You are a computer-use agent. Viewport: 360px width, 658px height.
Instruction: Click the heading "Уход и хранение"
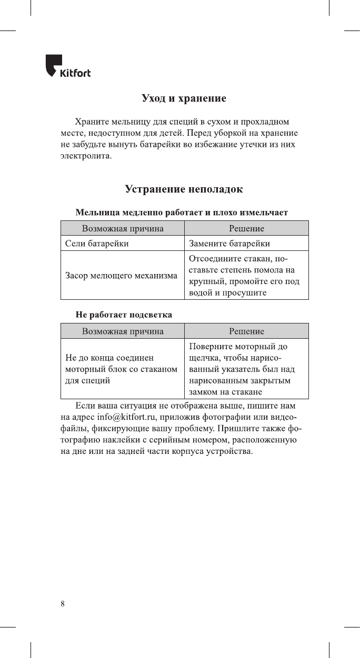coord(184,98)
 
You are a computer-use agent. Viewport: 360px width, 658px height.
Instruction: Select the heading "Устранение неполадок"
coord(184,188)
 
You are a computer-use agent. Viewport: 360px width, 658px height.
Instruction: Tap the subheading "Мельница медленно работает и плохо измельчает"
coord(182,213)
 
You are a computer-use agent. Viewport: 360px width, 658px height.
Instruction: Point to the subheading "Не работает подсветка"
coord(124,315)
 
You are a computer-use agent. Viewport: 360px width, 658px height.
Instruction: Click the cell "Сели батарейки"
coord(96,244)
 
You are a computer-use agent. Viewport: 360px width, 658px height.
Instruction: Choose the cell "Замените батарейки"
coord(229,244)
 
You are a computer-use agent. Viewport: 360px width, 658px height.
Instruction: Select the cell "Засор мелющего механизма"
coord(121,275)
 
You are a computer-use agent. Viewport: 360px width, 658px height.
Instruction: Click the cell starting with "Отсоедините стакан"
coord(244,276)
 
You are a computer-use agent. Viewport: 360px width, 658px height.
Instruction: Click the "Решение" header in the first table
coord(246,228)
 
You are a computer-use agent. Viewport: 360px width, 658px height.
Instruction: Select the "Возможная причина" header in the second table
coord(122,331)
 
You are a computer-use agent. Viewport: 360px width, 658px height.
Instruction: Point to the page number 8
coord(63,604)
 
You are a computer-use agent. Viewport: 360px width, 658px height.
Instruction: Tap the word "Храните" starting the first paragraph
coord(92,122)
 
